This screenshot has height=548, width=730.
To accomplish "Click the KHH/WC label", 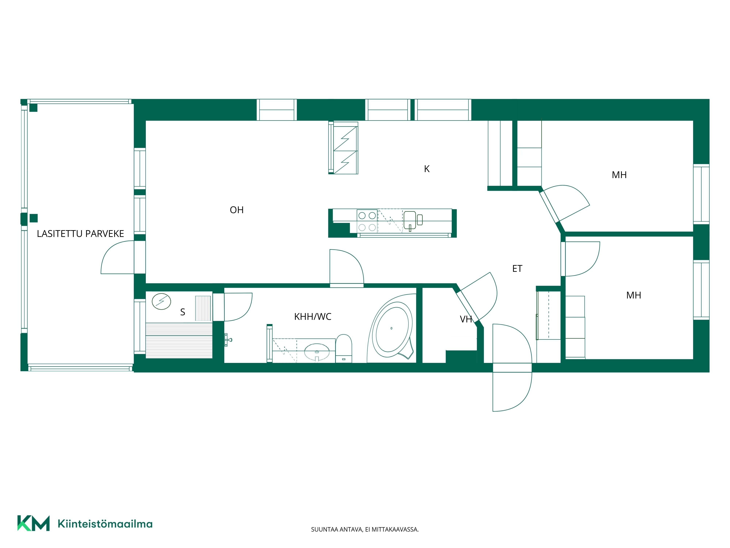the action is (312, 317).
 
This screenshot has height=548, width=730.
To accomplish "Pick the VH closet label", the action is (466, 319).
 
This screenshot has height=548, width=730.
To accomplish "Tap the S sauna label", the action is (182, 312).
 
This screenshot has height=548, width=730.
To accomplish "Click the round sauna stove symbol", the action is (161, 302).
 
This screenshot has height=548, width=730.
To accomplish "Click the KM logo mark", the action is (33, 523).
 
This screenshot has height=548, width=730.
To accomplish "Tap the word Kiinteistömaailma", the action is (105, 524).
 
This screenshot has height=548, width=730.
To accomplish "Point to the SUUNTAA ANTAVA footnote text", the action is (365, 530).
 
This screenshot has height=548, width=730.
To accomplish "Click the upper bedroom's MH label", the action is (619, 175).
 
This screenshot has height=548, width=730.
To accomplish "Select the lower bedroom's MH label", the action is (634, 295).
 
